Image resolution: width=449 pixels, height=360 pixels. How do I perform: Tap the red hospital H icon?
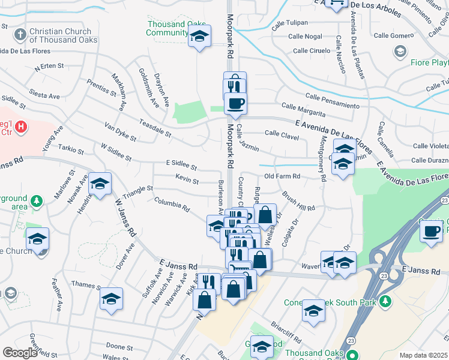click(21, 127)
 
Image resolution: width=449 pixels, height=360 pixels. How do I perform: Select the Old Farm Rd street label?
click(282, 176)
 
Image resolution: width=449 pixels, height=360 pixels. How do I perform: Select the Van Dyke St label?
click(120, 132)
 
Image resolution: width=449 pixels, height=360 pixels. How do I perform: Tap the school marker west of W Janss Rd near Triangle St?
click(101, 185)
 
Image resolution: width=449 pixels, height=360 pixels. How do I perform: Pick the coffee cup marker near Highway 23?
click(430, 232)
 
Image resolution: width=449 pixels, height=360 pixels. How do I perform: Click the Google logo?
click(20, 353)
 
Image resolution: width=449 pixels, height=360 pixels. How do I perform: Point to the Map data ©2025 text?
click(423, 355)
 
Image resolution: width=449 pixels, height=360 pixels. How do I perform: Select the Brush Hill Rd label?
click(298, 203)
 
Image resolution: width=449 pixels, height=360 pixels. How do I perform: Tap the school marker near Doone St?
click(111, 299)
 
